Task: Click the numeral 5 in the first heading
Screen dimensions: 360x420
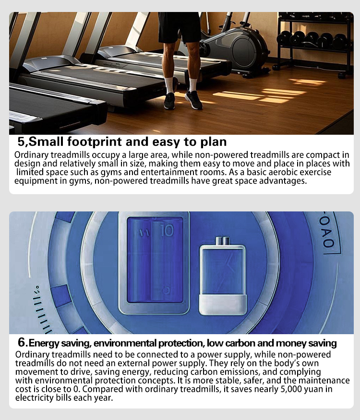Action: point(22,142)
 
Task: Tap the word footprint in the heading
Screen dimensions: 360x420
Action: point(94,142)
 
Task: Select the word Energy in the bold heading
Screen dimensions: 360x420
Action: point(44,343)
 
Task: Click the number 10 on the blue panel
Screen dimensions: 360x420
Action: point(168,230)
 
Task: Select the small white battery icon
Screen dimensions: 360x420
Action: point(223,276)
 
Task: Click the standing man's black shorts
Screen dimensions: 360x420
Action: point(179,27)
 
